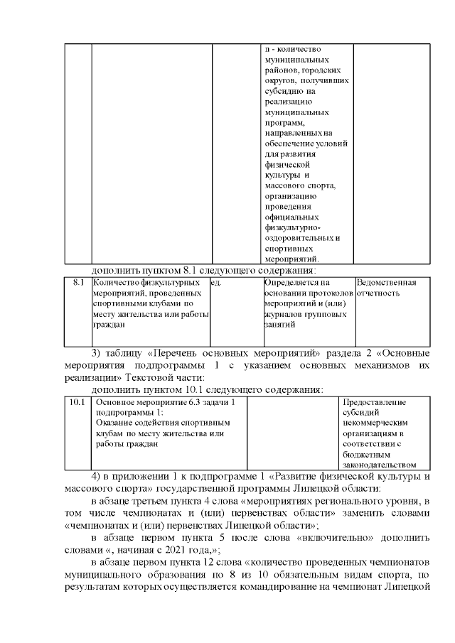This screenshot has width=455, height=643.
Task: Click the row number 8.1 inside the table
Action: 79,283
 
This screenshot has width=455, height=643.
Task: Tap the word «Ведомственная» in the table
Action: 385,283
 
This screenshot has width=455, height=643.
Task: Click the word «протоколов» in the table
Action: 330,293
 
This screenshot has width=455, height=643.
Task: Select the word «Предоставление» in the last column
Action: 375,402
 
